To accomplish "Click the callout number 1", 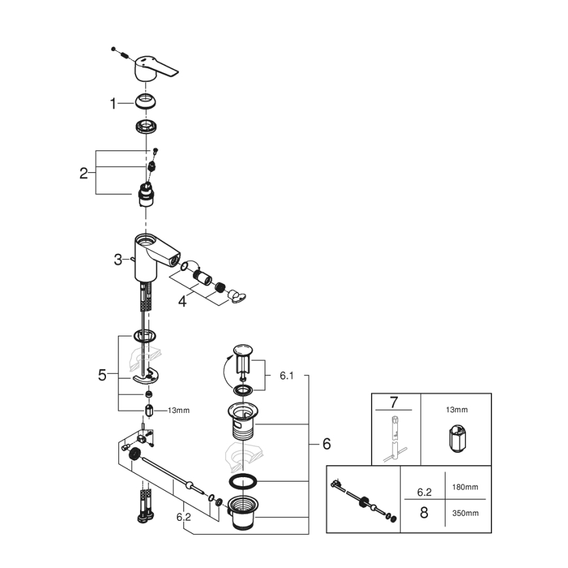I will (113, 103).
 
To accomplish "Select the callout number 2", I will (84, 173).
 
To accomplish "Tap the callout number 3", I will (118, 260).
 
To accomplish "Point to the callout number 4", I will (183, 302).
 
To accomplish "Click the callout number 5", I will (102, 375).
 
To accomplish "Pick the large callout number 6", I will (326, 444).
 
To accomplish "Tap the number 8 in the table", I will (423, 512).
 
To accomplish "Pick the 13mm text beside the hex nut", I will (178, 411).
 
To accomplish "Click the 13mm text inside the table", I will (457, 410).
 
